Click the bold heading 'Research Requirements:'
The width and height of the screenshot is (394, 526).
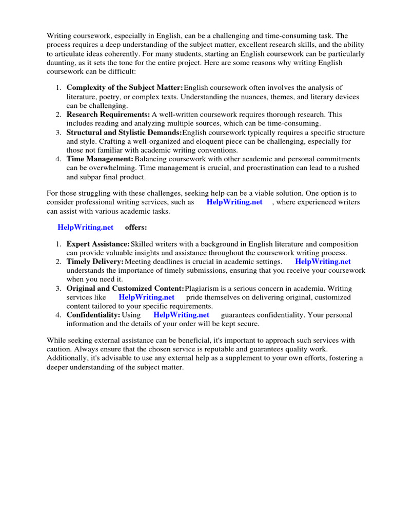click(x=108, y=115)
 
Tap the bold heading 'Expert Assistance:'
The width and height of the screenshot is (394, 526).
click(x=98, y=244)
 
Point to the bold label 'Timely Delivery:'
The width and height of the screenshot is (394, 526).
click(x=95, y=262)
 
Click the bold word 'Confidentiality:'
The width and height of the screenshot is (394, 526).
click(x=93, y=315)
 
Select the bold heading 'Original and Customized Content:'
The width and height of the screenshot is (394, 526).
click(x=125, y=289)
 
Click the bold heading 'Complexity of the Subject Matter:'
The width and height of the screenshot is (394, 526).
click(x=125, y=88)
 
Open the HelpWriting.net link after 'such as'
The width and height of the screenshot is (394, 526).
click(x=234, y=202)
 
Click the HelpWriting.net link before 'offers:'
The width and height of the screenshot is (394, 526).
click(x=86, y=228)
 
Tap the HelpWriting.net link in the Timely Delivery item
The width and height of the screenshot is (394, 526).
click(x=323, y=262)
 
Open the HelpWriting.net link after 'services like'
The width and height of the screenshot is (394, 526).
click(x=147, y=297)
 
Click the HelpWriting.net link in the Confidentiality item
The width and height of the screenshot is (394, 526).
click(x=182, y=315)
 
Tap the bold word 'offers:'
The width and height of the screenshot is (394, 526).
click(x=136, y=228)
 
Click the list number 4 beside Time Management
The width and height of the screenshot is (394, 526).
click(x=58, y=159)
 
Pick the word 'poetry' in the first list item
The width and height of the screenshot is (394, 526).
click(x=110, y=97)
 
